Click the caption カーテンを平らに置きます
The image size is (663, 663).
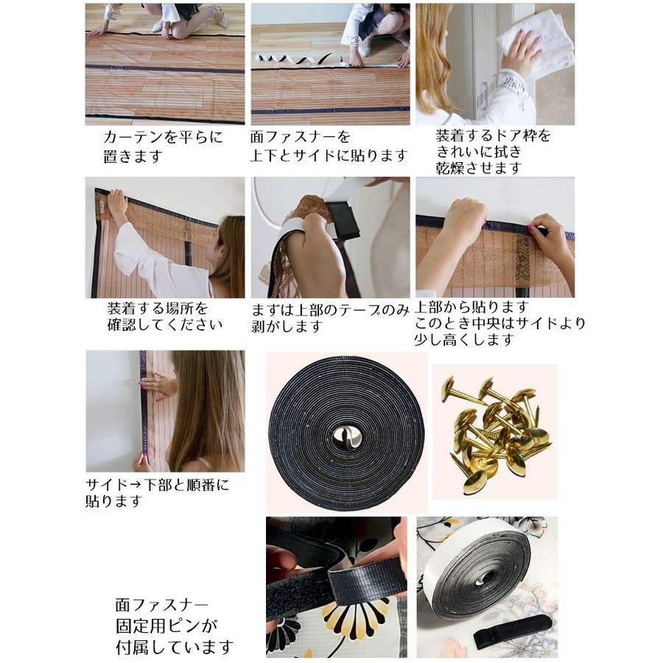click(163, 147)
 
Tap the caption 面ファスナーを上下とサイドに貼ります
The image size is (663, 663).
click(328, 147)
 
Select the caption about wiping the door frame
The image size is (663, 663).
click(494, 152)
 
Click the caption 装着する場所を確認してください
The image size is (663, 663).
click(165, 316)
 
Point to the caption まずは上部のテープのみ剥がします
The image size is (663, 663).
click(330, 318)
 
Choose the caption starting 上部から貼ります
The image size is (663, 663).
click(499, 323)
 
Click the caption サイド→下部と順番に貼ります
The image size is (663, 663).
click(158, 493)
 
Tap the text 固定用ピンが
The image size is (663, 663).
click(166, 625)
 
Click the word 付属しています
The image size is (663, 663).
click(175, 647)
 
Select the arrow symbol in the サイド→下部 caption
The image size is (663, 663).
click(136, 485)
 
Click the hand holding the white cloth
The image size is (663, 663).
click(520, 52)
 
